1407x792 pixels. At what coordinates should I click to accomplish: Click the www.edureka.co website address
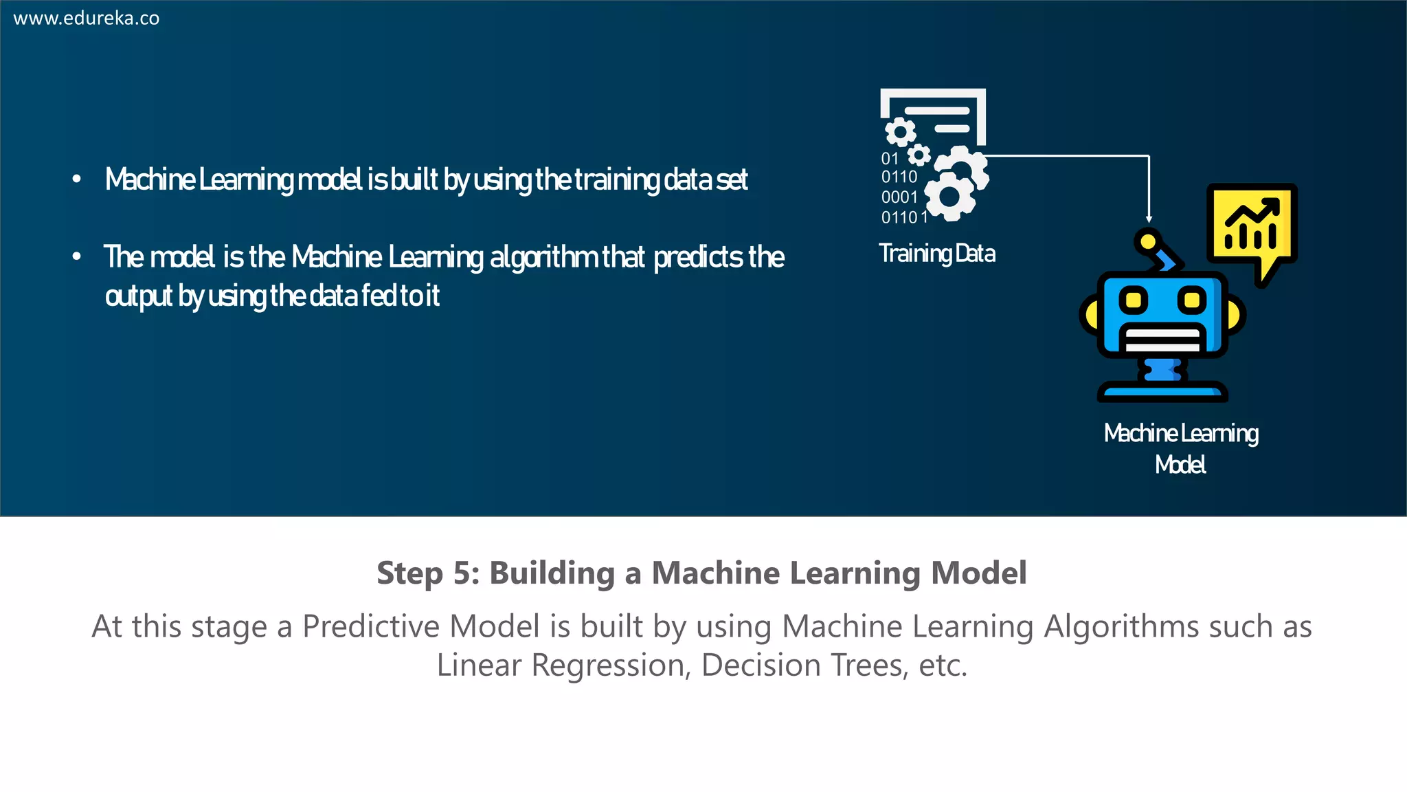pos(87,18)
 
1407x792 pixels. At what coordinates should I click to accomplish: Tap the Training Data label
pos(936,254)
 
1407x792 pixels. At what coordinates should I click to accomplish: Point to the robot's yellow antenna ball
pos(1147,241)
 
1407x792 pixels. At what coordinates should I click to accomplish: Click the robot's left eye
pos(1134,300)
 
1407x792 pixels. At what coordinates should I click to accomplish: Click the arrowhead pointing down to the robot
pos(1149,219)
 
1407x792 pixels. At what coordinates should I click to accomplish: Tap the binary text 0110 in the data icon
pos(899,177)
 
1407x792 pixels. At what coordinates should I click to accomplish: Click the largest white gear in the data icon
pos(949,197)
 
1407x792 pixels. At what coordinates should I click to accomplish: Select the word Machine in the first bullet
pos(150,179)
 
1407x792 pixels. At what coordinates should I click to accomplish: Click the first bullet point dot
pos(77,179)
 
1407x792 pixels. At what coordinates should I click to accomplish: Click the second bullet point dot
pos(77,257)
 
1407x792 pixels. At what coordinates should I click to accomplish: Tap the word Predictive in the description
pos(372,626)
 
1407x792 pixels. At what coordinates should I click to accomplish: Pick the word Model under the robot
pos(1180,465)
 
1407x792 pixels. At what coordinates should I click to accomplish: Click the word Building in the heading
pos(552,573)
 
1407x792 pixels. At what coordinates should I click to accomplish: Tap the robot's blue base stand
pos(1162,392)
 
